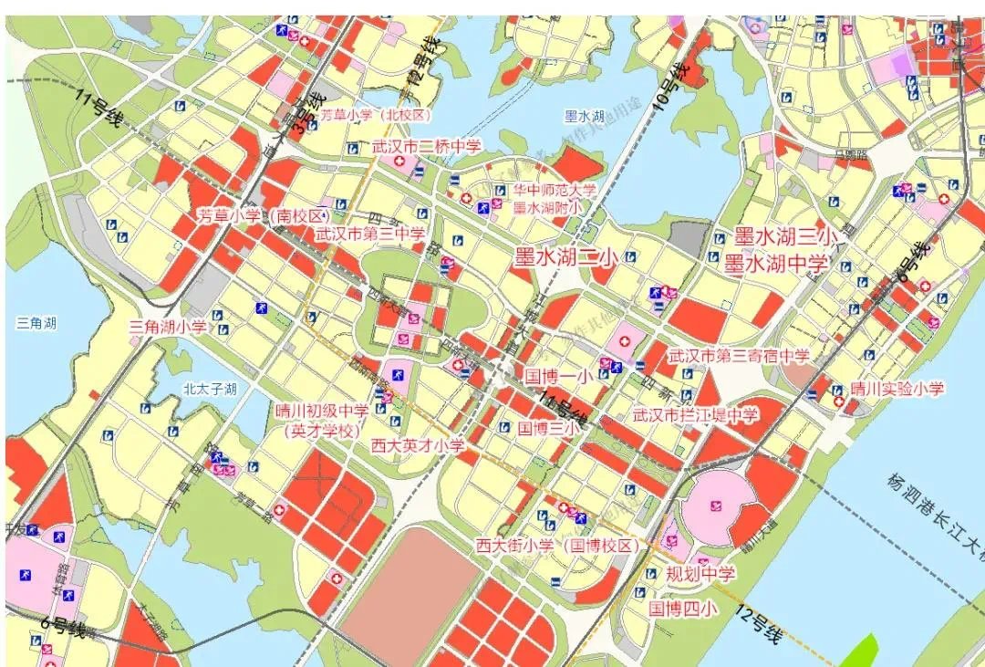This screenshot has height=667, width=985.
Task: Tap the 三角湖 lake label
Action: [36, 323]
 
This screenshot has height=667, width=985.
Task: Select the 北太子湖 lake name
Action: [210, 390]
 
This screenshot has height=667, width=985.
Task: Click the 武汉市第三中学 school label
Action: [369, 234]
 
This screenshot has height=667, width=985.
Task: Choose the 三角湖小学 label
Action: [168, 326]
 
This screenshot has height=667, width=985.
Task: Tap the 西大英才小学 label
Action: [418, 445]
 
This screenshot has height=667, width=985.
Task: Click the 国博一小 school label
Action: [559, 375]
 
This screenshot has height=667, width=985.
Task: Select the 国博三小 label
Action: [549, 427]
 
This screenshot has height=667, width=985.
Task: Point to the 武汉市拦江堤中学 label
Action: [696, 415]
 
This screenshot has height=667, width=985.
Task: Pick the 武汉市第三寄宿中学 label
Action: [739, 355]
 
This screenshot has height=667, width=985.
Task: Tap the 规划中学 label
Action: [700, 574]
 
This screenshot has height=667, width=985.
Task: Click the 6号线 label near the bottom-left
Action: [64, 629]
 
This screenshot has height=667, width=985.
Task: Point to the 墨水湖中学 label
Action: [776, 265]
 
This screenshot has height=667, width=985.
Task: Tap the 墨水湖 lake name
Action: [585, 116]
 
